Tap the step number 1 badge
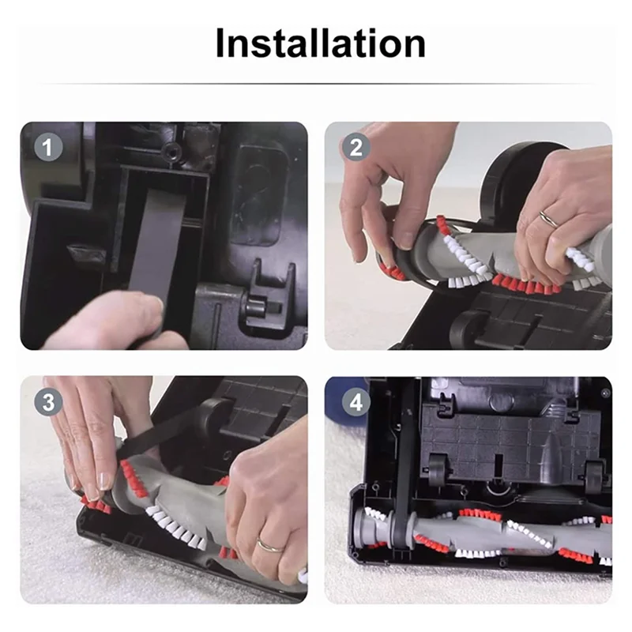[49, 148]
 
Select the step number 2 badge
[355, 148]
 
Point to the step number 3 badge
[49, 402]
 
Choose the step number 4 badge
[355, 402]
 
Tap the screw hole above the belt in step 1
[168, 147]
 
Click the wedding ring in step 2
[547, 219]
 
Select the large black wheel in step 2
[513, 178]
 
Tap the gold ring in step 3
[268, 545]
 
